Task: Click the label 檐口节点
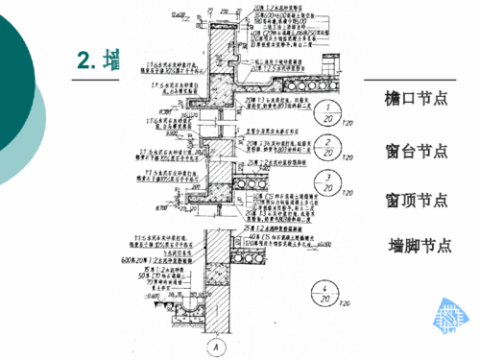click(x=416, y=99)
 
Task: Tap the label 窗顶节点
click(x=416, y=200)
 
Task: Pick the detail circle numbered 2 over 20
click(x=328, y=146)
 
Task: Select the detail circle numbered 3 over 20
click(x=328, y=180)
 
